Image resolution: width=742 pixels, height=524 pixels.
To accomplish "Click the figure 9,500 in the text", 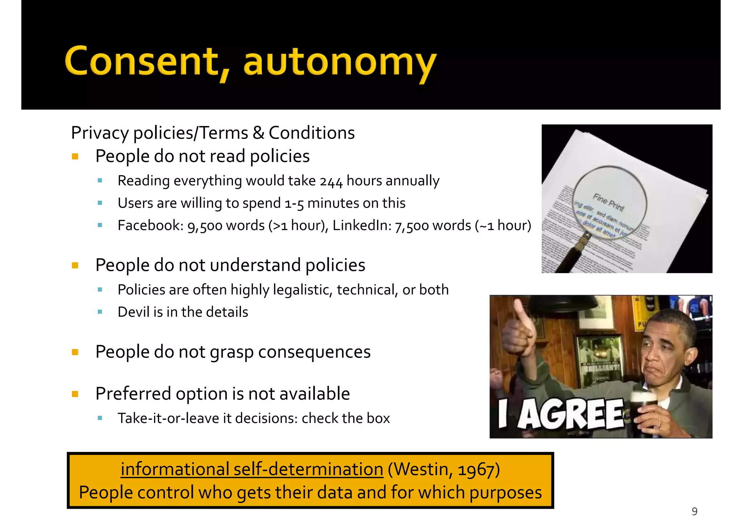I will click(x=205, y=226).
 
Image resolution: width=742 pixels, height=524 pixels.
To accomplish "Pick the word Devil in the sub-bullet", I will click(x=134, y=312).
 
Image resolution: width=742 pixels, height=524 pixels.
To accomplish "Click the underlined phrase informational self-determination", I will click(x=252, y=469).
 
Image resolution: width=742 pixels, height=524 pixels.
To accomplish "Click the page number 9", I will click(x=694, y=511).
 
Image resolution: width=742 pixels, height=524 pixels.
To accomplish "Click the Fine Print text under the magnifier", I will click(x=608, y=202).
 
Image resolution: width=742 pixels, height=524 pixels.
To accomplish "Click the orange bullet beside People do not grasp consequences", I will click(x=75, y=352).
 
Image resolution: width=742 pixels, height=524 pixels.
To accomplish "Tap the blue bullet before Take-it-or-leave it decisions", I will click(x=100, y=419).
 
